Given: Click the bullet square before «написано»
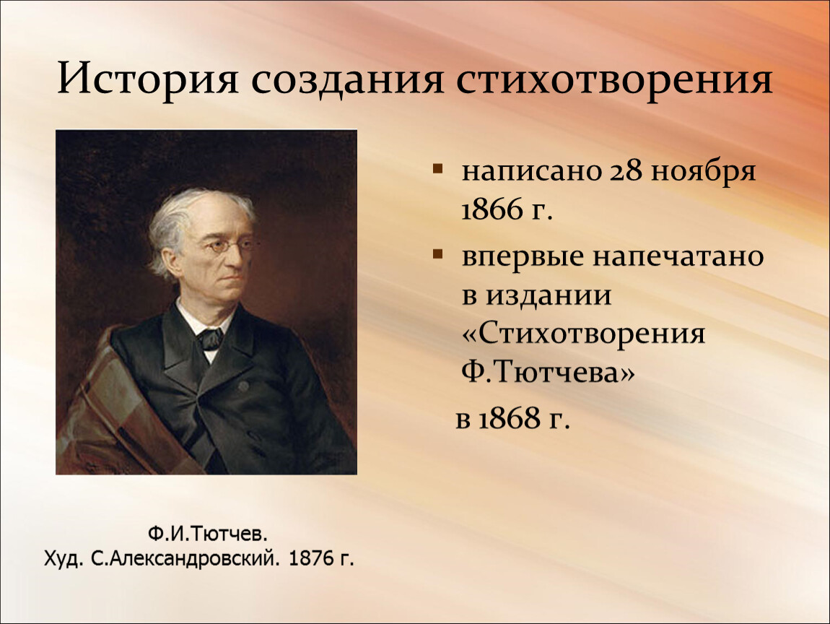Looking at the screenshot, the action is tap(437, 169).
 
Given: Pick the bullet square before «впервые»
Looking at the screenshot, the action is tap(437, 254).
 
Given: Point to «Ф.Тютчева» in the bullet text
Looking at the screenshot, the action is tap(548, 373).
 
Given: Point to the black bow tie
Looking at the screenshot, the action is tap(211, 339).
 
